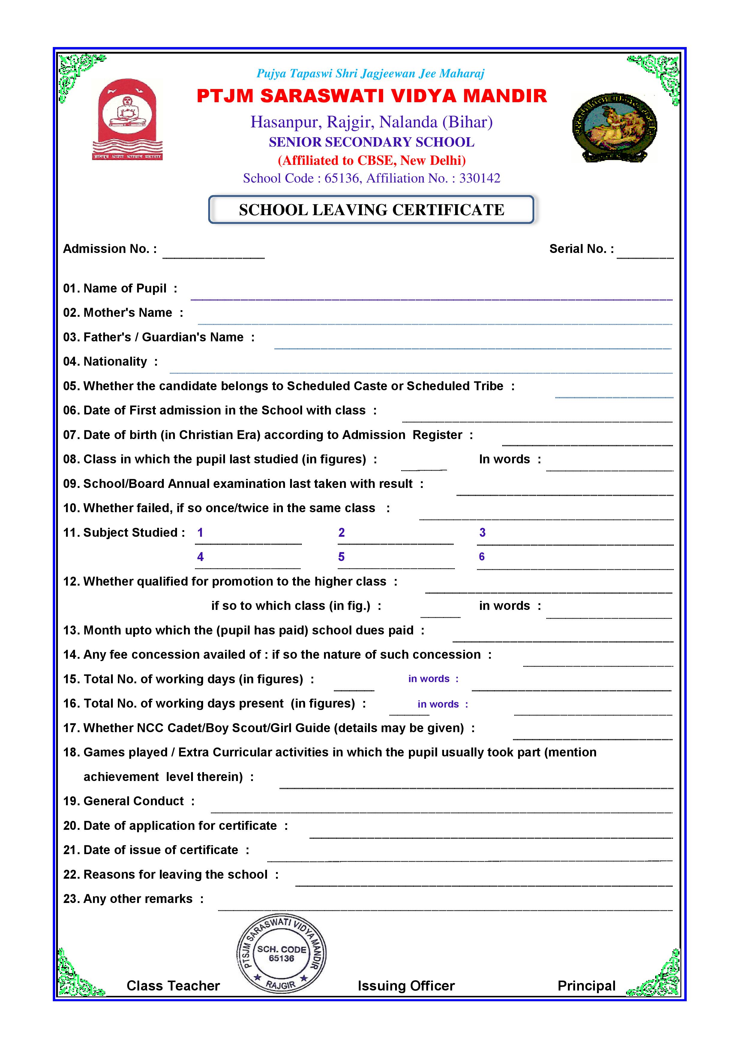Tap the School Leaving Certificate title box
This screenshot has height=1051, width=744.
371,210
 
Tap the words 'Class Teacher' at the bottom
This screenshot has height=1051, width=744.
173,986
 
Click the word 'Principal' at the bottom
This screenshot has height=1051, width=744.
586,986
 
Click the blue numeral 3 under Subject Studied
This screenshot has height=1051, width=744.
482,532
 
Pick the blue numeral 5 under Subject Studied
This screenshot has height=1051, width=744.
341,557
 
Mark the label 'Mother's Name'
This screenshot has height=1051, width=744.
128,313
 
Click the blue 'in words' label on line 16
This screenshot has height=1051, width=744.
438,704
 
